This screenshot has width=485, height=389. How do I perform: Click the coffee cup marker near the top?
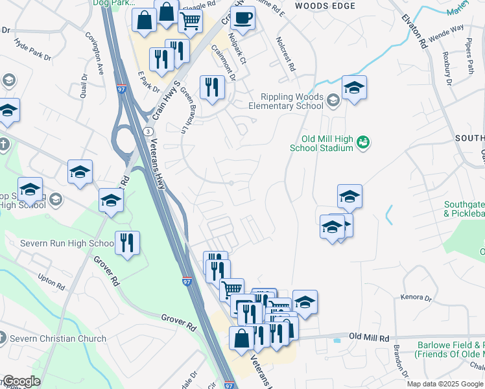242,19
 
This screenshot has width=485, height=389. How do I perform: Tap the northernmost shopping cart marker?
189,20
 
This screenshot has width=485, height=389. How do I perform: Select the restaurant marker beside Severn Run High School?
127,243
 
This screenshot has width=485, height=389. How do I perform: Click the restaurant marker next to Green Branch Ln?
212,87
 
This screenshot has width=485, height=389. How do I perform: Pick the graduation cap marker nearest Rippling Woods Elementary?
354,88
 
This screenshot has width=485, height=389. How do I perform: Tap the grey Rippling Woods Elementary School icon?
333,100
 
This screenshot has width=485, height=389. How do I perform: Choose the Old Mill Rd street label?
368,338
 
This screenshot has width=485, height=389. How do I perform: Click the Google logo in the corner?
21,381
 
